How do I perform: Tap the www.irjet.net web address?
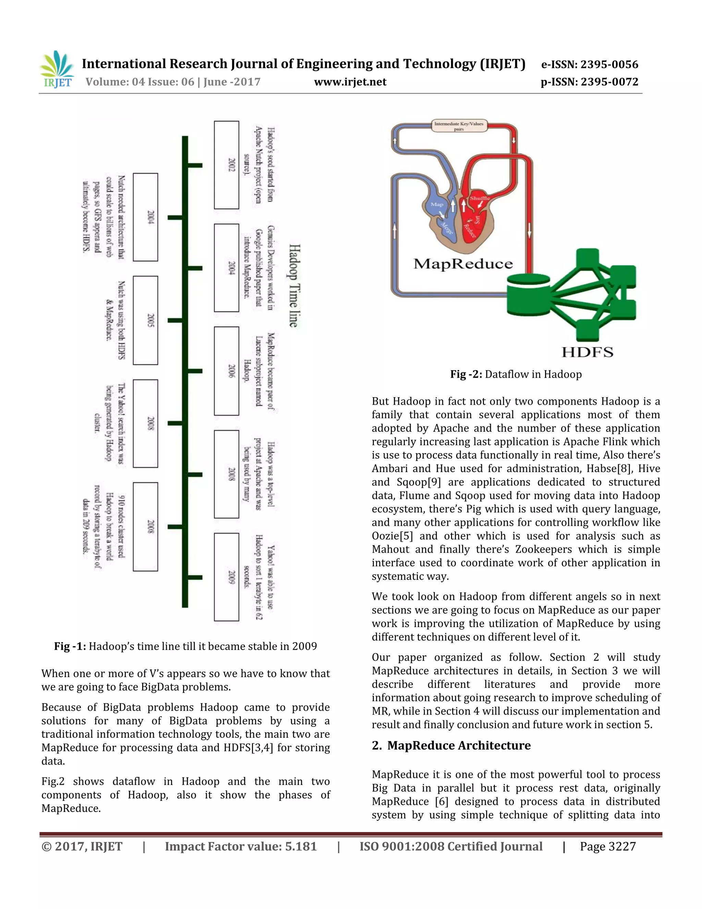[350, 82]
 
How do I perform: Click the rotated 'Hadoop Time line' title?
[294, 286]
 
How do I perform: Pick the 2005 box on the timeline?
[146, 320]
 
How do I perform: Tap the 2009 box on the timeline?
[227, 577]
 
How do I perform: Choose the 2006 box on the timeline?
[227, 371]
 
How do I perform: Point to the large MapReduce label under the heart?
[463, 264]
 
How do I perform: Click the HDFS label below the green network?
[587, 353]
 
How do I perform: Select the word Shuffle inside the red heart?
[480, 199]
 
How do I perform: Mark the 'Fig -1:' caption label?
[70, 646]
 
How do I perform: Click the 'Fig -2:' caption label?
[466, 374]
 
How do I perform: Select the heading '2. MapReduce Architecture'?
[451, 745]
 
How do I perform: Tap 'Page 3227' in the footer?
[608, 847]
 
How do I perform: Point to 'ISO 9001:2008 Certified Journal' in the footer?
[451, 847]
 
